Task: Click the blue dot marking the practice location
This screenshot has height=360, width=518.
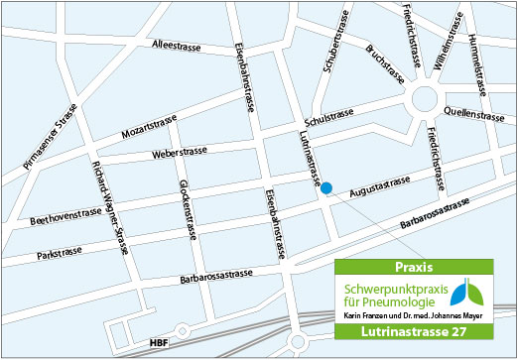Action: [326, 187]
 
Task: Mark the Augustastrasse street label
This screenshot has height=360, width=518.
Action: [380, 183]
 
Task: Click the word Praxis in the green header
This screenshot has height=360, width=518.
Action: [413, 268]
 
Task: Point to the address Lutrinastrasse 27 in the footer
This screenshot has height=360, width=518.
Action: [413, 331]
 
